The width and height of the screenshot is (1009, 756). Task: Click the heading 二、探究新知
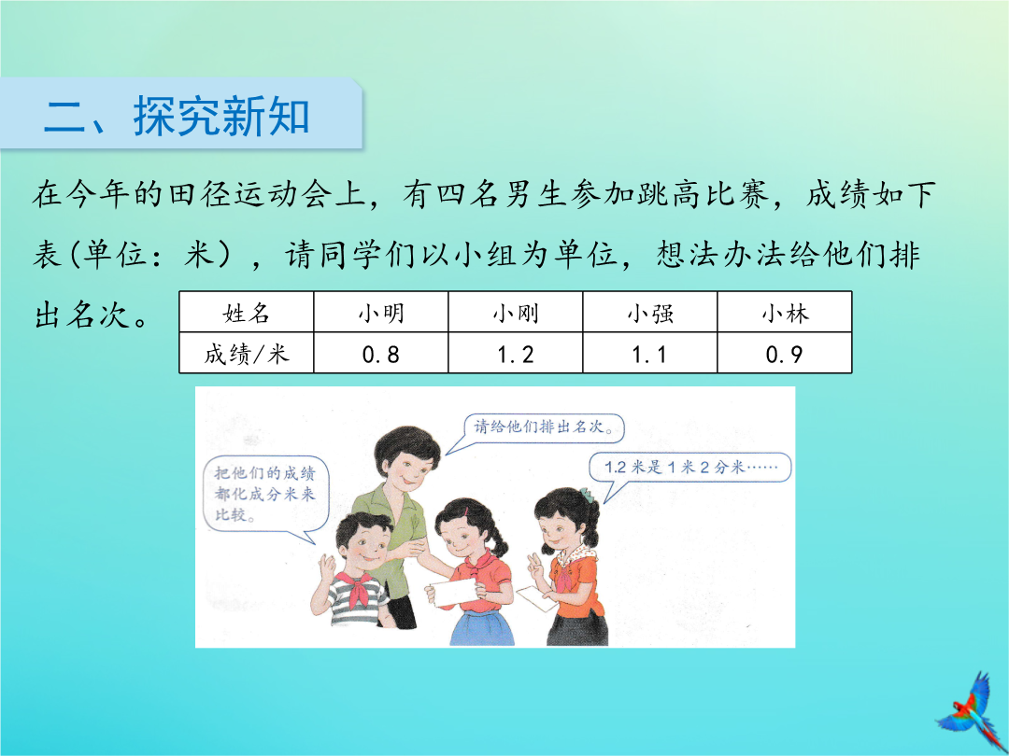[x=177, y=117]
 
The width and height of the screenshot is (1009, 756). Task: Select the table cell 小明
[x=381, y=313]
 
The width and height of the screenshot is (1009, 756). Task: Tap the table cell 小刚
[x=516, y=313]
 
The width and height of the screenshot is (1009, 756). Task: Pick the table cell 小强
[x=650, y=313]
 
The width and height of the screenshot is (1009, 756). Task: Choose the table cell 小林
[x=785, y=313]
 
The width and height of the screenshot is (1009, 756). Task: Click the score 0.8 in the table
[x=381, y=355]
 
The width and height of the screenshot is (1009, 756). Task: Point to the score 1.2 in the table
[x=516, y=355]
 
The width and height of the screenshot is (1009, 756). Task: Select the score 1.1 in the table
[x=649, y=355]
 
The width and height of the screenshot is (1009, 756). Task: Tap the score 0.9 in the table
[x=785, y=355]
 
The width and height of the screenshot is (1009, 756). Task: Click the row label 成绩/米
[x=247, y=354]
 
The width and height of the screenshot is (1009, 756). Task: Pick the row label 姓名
[x=247, y=313]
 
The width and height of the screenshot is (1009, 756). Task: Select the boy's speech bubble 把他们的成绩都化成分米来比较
[x=265, y=495]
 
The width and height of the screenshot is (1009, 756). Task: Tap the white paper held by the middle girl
[x=454, y=592]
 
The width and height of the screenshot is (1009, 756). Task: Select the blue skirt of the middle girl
[x=482, y=627]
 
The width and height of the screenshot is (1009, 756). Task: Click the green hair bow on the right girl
[x=586, y=495]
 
